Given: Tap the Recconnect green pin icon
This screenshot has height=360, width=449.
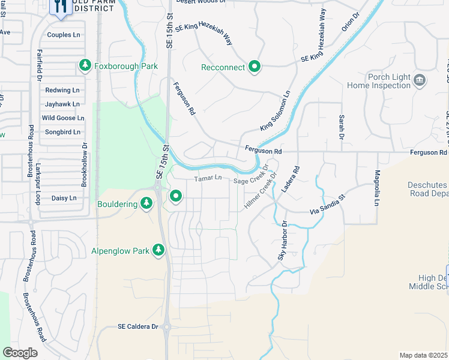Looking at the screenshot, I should click(255, 67).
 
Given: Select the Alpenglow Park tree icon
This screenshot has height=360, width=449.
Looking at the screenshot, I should click(158, 249).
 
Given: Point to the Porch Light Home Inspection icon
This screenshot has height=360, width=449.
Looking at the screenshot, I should click(420, 80).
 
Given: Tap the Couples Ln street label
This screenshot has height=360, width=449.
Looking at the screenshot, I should click(63, 35).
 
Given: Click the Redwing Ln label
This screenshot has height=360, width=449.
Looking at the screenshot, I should click(62, 90).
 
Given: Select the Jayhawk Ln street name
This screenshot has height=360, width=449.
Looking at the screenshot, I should click(62, 104).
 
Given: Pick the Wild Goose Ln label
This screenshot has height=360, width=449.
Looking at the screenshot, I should click(62, 118).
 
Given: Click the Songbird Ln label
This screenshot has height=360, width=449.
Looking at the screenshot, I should click(62, 132).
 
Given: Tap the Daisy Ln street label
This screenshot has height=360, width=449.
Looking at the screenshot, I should click(64, 197).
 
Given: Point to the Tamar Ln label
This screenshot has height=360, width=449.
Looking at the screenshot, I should click(208, 178).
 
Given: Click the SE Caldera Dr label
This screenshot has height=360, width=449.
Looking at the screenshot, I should click(137, 326).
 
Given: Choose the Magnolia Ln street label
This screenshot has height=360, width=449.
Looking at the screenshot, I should click(378, 187).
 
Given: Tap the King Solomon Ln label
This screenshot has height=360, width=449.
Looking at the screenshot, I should click(275, 111).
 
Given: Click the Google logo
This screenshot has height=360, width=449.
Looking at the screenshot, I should click(20, 353).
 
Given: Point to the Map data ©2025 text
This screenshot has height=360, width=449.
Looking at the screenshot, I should click(423, 355).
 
